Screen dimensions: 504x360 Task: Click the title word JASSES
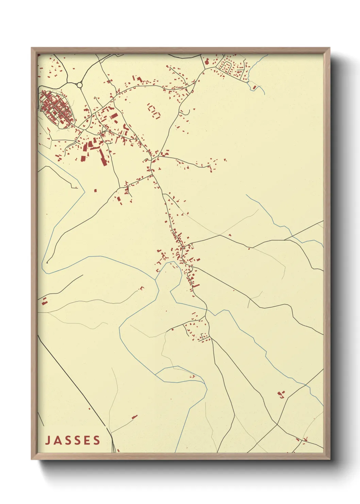point(73,440)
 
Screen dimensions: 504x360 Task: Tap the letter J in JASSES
point(48,440)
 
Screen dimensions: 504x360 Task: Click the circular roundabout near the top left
point(80,85)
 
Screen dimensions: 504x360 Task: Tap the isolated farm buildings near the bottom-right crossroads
point(281,395)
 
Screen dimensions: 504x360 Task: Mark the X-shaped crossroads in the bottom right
point(277,424)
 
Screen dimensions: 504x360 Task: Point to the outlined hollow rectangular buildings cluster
point(153,111)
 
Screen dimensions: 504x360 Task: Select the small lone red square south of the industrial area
point(95,190)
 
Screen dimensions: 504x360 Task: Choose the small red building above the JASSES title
point(134,416)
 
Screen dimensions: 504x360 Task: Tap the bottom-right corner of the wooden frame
point(329,458)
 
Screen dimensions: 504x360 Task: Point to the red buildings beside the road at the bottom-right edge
point(302,440)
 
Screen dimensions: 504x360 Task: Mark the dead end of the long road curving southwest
point(47,263)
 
